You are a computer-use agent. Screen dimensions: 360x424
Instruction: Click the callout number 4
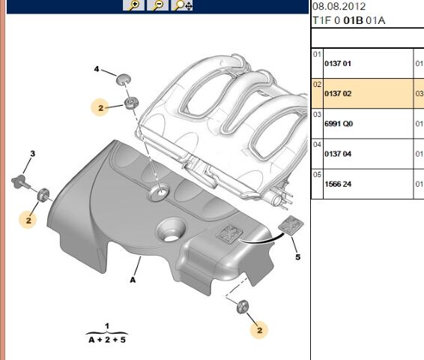(97, 70)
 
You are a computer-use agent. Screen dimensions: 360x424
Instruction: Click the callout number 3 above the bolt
(32, 154)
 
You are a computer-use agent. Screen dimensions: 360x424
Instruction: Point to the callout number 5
(297, 257)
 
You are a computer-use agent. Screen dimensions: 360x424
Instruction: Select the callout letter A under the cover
(133, 280)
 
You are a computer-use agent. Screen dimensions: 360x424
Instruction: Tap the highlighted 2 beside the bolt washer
(28, 220)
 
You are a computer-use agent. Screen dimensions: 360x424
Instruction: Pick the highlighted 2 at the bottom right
(260, 328)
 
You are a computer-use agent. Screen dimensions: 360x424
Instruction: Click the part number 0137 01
(336, 64)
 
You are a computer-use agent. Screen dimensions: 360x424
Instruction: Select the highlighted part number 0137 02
(336, 94)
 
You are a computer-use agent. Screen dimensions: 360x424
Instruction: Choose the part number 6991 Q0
(337, 124)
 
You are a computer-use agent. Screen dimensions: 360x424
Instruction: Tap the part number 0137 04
(336, 154)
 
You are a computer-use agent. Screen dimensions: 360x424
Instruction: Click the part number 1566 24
(336, 184)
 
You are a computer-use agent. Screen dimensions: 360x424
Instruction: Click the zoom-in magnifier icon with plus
(134, 5)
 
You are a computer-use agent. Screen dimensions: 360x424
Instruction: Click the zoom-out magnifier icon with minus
(158, 5)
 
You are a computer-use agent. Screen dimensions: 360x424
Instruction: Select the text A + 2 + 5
(106, 339)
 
